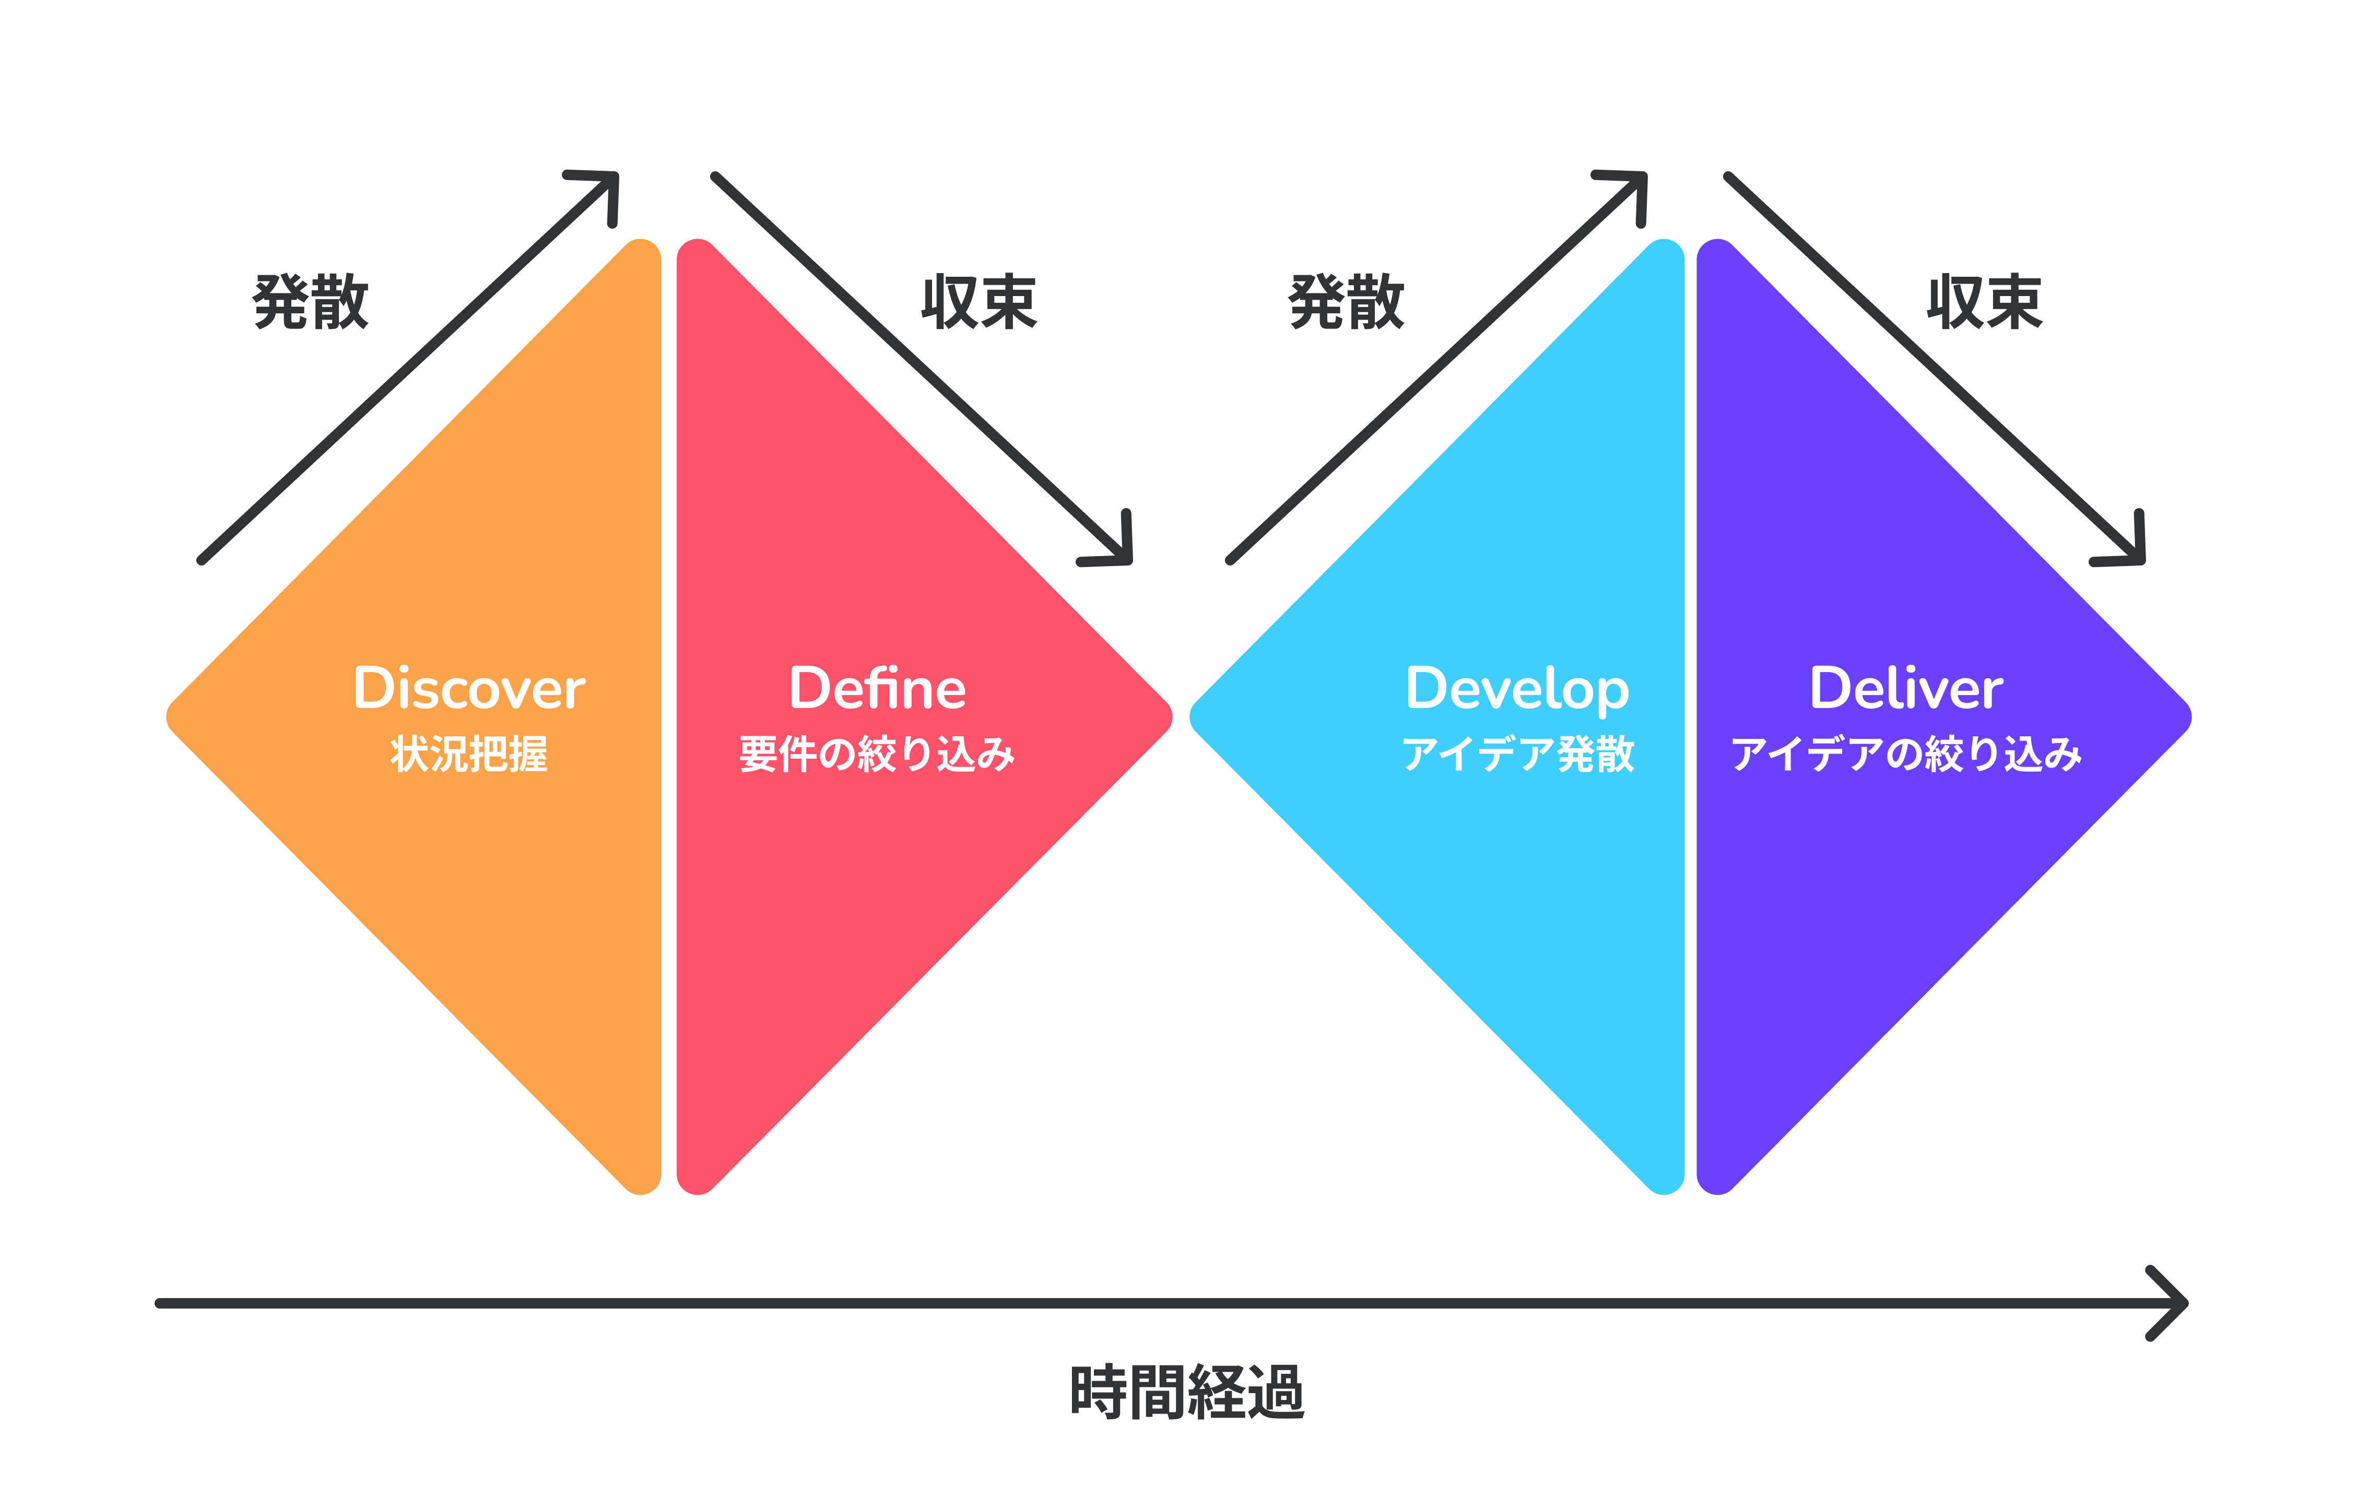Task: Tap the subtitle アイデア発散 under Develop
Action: (1518, 754)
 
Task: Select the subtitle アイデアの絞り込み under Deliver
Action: (1906, 754)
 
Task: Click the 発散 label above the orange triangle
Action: (311, 302)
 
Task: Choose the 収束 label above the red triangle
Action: (979, 302)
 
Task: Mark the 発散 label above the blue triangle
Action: (1347, 302)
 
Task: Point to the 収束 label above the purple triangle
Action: (1985, 302)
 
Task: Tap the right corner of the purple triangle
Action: (2190, 717)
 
